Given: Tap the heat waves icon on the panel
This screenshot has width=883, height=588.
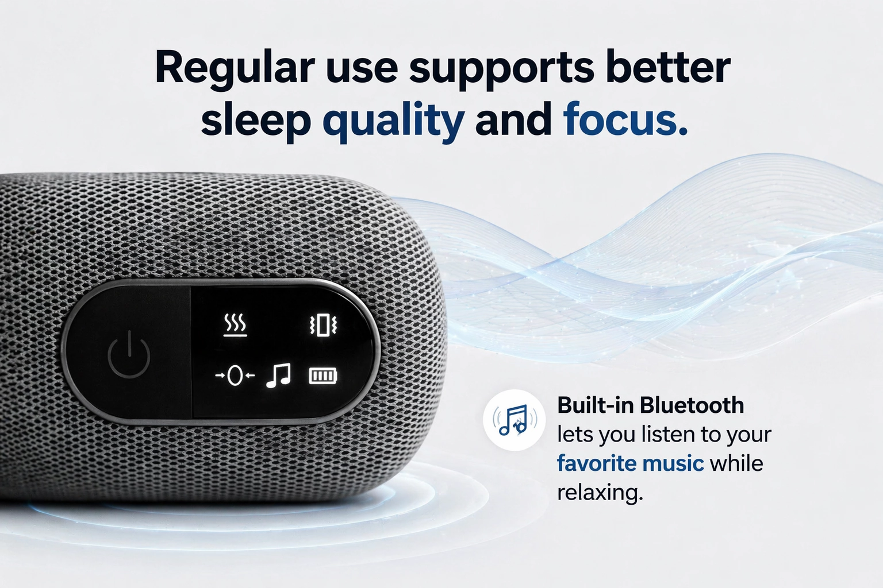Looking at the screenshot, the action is point(235,325).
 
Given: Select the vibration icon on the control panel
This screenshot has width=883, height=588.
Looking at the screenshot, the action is point(323,326).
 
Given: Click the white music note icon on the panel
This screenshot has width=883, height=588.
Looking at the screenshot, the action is point(279,376).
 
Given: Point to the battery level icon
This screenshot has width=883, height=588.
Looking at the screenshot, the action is point(323,376).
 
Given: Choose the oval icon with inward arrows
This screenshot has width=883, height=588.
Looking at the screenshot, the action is point(235,376).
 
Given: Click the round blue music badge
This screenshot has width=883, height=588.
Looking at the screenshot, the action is point(515,420).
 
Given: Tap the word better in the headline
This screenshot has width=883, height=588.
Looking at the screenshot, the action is point(668,67).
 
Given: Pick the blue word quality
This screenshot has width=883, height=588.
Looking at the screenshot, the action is point(394,121).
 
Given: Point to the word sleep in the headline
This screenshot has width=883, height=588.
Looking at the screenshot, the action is point(256,121).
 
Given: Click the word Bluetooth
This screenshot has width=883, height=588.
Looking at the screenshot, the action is point(692,405).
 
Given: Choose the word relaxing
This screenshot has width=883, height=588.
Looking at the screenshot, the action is point(600,493).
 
